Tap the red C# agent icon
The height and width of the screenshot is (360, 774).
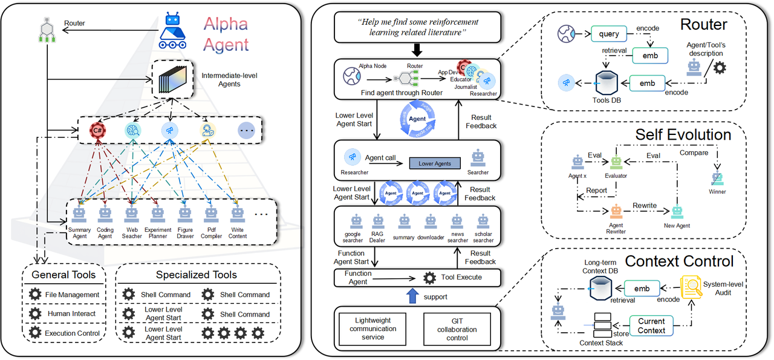[x=96, y=129]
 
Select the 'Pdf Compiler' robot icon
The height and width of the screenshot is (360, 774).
[x=210, y=214]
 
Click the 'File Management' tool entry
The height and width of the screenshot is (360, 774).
[x=63, y=295]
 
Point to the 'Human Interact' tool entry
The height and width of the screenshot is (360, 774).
[x=63, y=314]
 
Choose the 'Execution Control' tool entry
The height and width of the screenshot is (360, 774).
[x=63, y=333]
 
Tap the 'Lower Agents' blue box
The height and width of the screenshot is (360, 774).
[x=435, y=163]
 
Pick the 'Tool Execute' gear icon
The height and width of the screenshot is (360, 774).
[x=430, y=278]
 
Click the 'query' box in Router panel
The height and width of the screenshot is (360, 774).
[x=609, y=34]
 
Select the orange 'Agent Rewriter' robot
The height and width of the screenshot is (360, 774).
[x=616, y=212]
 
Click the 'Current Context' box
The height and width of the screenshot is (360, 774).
[x=651, y=326]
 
